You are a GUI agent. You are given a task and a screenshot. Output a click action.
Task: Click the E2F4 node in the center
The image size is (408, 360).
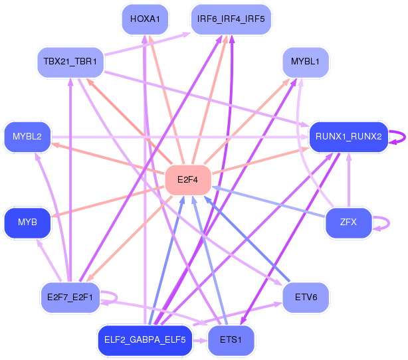188,180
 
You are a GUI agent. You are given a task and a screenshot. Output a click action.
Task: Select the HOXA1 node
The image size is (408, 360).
145,19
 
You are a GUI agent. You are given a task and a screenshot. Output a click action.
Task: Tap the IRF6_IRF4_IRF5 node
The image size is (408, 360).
231,19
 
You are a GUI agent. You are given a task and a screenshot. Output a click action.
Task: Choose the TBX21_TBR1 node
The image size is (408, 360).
70,62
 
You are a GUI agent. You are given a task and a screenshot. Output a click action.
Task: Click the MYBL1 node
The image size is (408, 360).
306,62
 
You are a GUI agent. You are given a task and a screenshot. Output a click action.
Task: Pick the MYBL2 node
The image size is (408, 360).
27,137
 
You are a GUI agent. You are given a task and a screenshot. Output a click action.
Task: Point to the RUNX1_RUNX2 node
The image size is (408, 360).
348,137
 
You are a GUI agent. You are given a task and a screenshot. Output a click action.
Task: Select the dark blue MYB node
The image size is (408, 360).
27,223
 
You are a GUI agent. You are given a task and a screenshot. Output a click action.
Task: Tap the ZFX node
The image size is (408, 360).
348,223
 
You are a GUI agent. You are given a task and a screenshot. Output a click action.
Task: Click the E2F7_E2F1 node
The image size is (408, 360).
70,298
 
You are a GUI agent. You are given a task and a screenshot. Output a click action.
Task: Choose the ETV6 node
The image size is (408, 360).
306,298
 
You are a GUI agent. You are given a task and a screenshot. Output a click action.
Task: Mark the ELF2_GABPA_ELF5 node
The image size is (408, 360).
145,341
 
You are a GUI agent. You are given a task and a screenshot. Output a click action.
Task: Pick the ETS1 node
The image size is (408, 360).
231,341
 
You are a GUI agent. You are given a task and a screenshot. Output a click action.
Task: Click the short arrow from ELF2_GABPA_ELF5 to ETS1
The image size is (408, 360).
200,341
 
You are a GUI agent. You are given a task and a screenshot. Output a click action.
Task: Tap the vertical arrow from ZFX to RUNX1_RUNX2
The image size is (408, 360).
349,180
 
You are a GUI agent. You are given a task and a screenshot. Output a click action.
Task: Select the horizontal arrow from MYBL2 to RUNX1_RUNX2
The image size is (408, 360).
180,137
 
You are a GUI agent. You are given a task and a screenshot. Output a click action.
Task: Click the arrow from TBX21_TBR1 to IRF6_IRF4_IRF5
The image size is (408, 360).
148,44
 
